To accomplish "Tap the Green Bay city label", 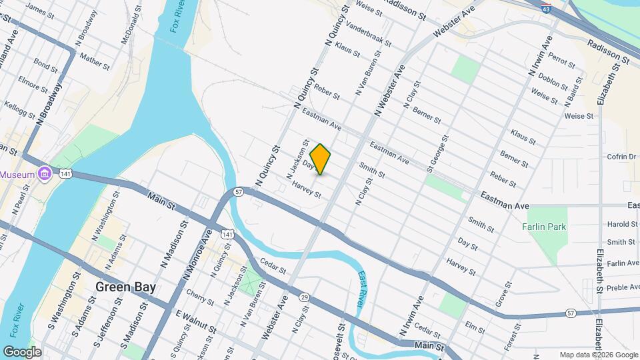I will [125, 287].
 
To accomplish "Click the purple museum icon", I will [45, 173].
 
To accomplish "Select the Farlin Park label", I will [543, 227].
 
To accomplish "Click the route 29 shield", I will [304, 296].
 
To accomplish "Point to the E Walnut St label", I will [196, 321].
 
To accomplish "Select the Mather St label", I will [94, 62].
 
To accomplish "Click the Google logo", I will [22, 352].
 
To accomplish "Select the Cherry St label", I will [200, 297].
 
